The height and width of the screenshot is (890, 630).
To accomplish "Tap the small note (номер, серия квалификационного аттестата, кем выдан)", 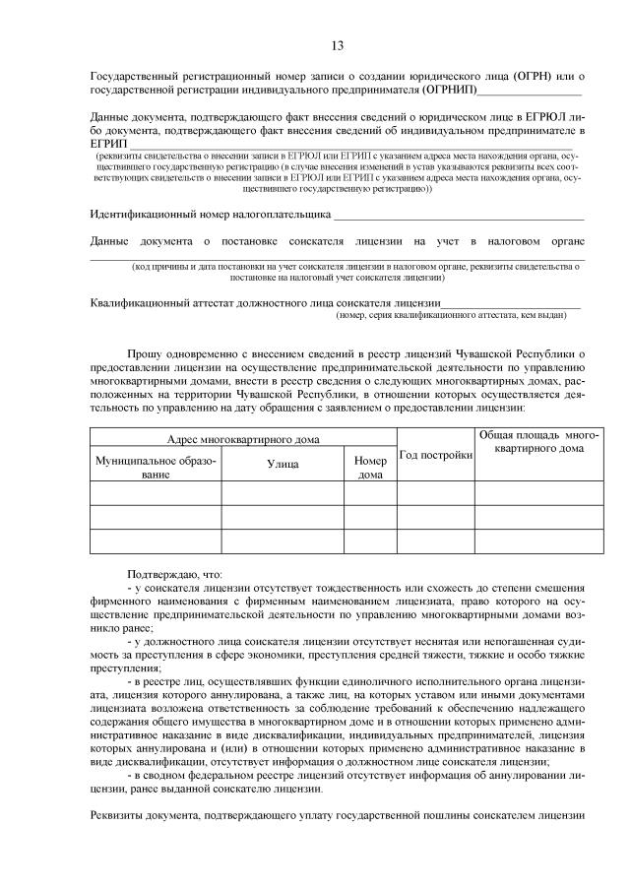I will coord(451,316).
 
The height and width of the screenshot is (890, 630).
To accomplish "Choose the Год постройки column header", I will coord(435,453).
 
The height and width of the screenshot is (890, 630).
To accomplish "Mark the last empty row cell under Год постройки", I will coord(435,541).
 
